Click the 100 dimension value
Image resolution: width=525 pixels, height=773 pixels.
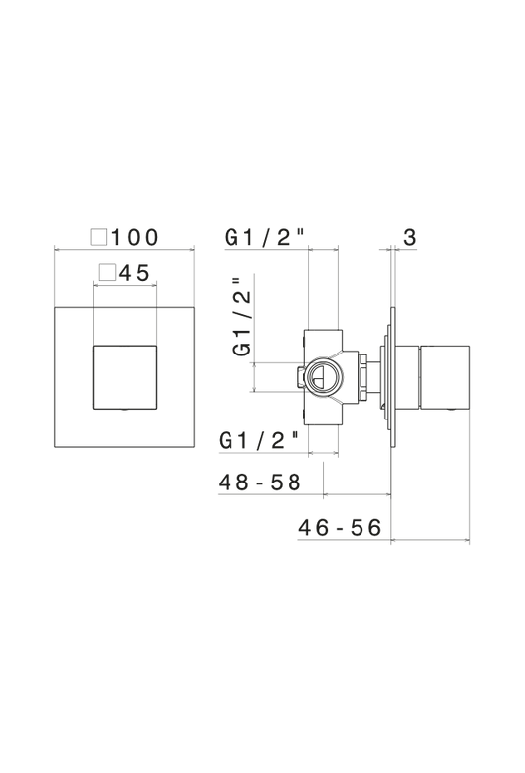[x=135, y=237]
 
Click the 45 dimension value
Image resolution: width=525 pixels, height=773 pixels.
[x=134, y=272]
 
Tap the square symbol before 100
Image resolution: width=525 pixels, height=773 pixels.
[x=98, y=237]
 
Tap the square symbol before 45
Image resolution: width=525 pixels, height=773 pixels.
[x=107, y=272]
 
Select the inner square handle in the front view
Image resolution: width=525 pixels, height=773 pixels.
[x=125, y=377]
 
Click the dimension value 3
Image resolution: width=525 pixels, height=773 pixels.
[x=410, y=237]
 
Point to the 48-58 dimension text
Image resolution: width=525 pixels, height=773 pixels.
[x=260, y=483]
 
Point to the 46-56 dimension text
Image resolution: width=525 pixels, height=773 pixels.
[x=340, y=528]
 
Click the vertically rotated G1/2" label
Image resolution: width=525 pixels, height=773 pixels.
[x=242, y=316]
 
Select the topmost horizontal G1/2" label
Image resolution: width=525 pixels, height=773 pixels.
[x=265, y=237]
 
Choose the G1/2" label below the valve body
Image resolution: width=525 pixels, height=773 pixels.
[x=259, y=440]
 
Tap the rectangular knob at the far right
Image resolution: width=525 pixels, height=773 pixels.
[x=444, y=377]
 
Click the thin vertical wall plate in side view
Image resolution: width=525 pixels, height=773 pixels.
[x=392, y=377]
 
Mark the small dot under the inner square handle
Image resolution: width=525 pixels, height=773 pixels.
[x=125, y=411]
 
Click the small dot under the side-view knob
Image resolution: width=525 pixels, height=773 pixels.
[x=449, y=411]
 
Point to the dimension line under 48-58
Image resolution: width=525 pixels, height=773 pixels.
[x=357, y=494]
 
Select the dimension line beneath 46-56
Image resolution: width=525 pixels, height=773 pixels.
[x=429, y=540]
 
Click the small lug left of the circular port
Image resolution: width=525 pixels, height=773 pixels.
[x=301, y=377]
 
